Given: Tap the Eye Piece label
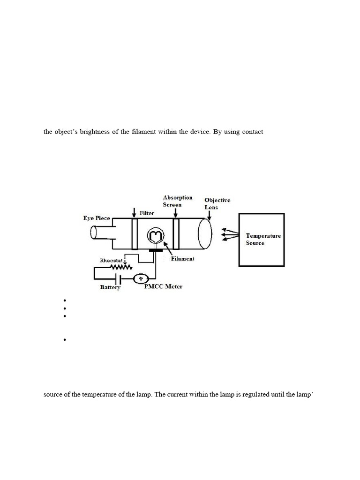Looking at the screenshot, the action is (x=97, y=218).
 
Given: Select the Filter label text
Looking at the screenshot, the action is (x=147, y=213).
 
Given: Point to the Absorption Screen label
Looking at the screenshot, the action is (x=178, y=201).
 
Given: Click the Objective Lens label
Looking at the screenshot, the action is (x=217, y=203).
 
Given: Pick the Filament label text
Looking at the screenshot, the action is (x=183, y=259).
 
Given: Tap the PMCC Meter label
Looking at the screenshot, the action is (x=163, y=286).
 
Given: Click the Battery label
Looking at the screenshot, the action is (x=110, y=287).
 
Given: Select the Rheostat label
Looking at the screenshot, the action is (x=111, y=261).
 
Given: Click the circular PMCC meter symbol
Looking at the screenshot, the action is (x=141, y=278).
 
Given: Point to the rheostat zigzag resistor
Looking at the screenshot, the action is (x=121, y=267).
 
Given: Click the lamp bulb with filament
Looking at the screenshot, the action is (x=156, y=236).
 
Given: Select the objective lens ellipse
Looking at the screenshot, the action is (x=205, y=233).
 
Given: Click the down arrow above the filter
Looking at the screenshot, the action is (x=134, y=212).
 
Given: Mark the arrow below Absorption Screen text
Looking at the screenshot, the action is (x=175, y=213).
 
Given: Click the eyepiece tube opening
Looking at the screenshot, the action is (x=94, y=232).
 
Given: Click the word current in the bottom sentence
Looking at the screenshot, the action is (x=177, y=394).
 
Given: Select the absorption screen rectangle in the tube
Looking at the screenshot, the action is (x=176, y=233).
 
